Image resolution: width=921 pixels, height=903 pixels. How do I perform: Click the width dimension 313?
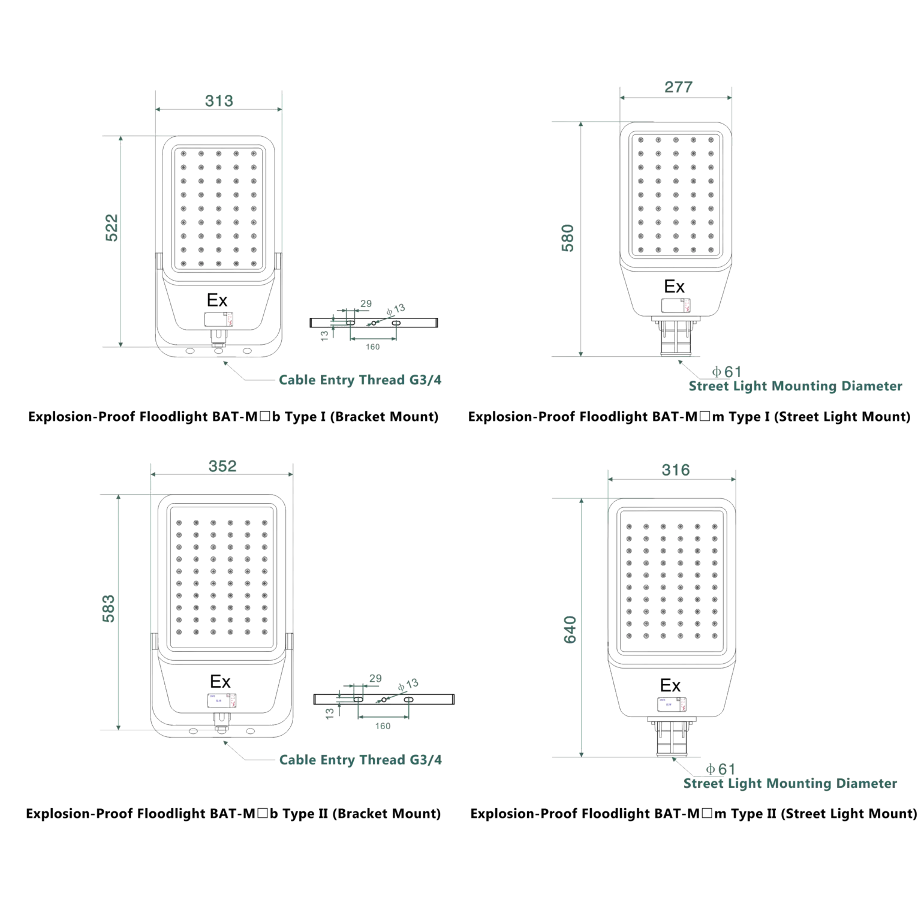coord(219,100)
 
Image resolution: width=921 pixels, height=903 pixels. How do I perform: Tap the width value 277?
coord(678,88)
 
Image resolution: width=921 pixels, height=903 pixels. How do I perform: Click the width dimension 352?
coord(222,466)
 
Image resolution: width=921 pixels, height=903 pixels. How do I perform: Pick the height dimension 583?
coord(109,608)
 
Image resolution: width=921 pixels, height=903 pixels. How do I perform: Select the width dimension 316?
coord(676,469)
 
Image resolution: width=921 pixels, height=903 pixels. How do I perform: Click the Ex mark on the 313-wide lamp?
coord(217,300)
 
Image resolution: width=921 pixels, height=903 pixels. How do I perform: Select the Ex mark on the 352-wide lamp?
coord(220,682)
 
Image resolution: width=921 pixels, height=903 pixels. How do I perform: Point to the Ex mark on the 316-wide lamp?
coord(670,685)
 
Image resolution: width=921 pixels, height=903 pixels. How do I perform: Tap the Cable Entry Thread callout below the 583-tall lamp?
coord(362,760)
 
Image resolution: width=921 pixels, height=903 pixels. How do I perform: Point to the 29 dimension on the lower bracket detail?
coord(375,678)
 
